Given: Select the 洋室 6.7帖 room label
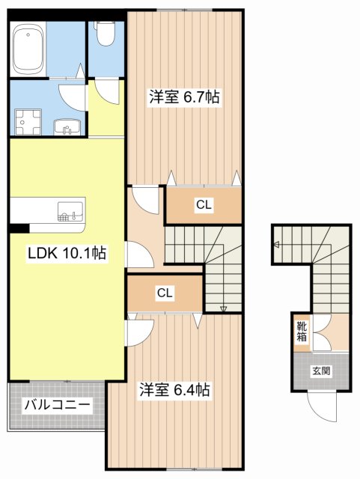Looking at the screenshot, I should click(x=183, y=98).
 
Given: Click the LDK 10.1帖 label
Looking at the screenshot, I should click(x=67, y=254).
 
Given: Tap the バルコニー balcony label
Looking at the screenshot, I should click(x=57, y=406).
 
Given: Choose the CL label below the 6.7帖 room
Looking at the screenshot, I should click(x=204, y=204).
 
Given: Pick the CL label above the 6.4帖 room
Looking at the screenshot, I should click(x=165, y=293).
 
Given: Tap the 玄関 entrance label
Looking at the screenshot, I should click(x=321, y=370).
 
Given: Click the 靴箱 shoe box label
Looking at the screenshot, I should click(x=300, y=330).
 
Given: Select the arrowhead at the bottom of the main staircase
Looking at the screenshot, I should click(x=223, y=308).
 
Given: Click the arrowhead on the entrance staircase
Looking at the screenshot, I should click(x=276, y=245).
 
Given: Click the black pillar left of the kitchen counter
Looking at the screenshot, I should click(x=19, y=228).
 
